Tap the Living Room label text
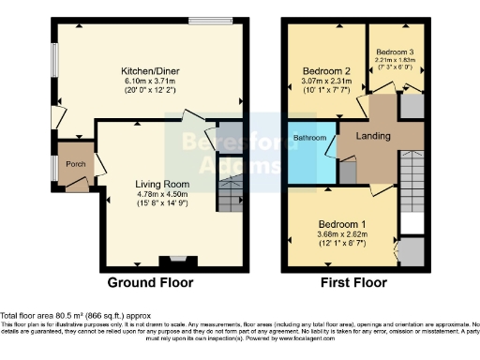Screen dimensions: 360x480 pyautogui.click(x=158, y=185)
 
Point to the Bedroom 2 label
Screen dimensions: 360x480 pyautogui.click(x=326, y=70)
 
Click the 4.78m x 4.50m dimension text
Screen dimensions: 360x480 pyautogui.click(x=158, y=196)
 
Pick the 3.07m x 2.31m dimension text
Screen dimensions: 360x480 pyautogui.click(x=326, y=82)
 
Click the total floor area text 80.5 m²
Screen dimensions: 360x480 pyautogui.click(x=76, y=316)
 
